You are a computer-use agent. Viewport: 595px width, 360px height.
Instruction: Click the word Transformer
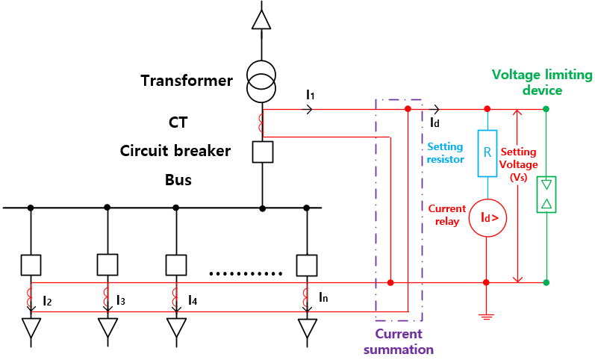click(x=187, y=80)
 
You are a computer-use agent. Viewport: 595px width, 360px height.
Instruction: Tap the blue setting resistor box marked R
click(x=487, y=153)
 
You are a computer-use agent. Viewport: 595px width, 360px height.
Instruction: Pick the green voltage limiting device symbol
click(x=546, y=195)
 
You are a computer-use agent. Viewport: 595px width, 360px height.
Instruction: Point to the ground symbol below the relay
click(x=487, y=315)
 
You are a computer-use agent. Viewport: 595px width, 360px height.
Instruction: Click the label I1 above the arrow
click(x=311, y=95)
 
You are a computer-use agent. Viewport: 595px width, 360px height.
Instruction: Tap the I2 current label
click(x=47, y=300)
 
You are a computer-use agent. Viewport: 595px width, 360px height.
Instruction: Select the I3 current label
click(x=121, y=300)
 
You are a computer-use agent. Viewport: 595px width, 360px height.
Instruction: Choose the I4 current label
click(x=193, y=300)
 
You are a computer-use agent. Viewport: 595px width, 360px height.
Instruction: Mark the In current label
click(x=323, y=297)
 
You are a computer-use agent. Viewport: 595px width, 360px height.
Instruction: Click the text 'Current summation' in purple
click(x=398, y=341)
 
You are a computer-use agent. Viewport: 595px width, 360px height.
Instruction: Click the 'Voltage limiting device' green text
click(x=541, y=82)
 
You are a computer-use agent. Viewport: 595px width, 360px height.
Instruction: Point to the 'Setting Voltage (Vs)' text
click(x=517, y=164)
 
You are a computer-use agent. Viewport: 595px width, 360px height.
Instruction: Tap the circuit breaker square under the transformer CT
click(x=262, y=152)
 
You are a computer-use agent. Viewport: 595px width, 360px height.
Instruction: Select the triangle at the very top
click(x=261, y=17)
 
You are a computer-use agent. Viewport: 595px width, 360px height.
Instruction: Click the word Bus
click(x=178, y=180)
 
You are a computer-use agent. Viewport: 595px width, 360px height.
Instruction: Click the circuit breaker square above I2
click(x=31, y=264)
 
